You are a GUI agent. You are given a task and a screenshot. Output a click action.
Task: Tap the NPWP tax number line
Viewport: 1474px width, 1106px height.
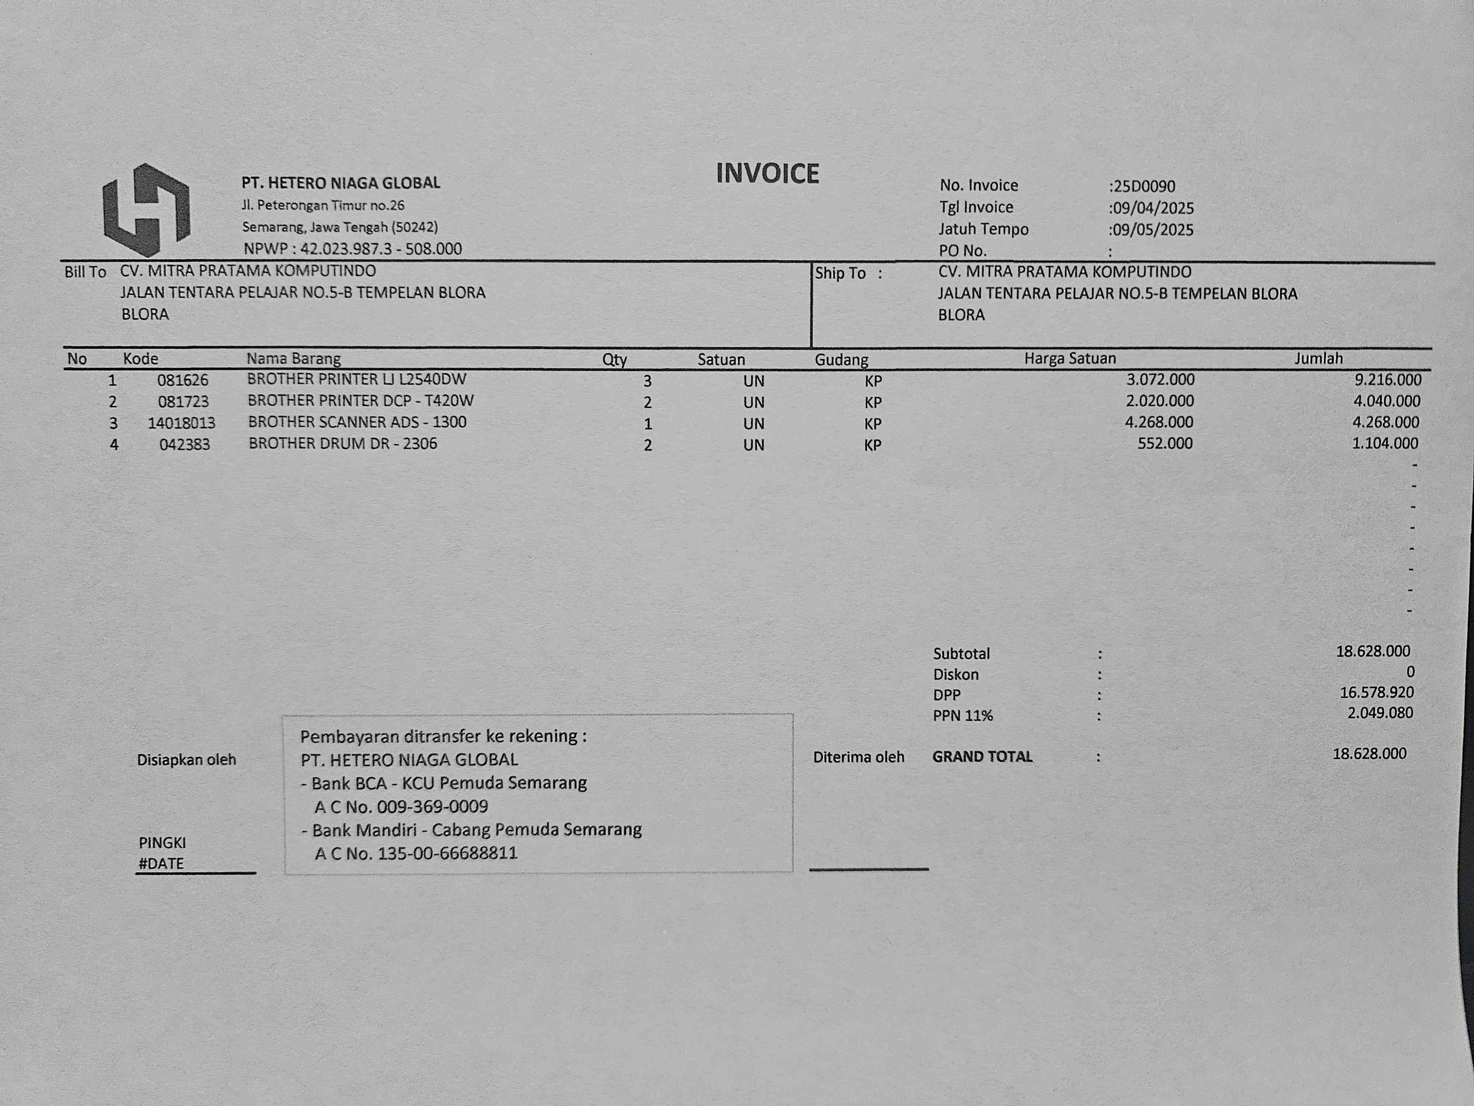pos(353,249)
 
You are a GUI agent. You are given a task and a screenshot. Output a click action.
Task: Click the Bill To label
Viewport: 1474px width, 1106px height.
pos(85,272)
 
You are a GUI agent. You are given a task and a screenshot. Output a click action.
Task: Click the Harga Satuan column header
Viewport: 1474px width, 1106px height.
pos(1069,359)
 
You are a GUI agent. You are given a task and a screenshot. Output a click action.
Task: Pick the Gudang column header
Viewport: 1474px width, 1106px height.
pos(841,360)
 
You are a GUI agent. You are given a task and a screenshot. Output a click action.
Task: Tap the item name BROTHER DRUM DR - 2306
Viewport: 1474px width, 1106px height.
pos(342,444)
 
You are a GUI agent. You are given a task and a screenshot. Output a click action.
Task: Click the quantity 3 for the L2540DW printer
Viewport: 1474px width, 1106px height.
pos(647,381)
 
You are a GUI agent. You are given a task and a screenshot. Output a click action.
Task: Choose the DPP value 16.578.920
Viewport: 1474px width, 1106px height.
pos(1376,693)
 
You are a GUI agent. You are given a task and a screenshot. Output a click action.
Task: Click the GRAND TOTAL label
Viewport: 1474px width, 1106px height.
pos(982,757)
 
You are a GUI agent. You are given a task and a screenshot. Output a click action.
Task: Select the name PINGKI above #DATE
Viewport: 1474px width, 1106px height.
pos(162,843)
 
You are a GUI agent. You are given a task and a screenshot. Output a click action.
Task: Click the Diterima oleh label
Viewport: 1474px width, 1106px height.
pos(858,757)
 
